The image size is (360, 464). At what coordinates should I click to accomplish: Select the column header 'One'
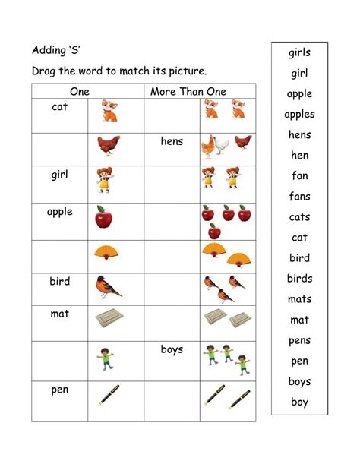pos(80,91)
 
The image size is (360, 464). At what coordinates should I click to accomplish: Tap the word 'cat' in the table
pos(60,107)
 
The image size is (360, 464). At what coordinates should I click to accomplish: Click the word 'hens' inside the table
pos(172,141)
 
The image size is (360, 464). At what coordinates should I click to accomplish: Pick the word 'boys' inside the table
pos(172,350)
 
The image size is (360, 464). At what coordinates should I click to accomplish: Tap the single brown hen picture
pos(108,146)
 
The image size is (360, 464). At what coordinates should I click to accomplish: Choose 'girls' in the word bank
pos(299,53)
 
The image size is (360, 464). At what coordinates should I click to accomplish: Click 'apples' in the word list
pos(299,115)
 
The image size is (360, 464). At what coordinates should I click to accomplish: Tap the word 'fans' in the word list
pos(299,197)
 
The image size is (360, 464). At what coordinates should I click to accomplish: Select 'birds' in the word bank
pos(299,279)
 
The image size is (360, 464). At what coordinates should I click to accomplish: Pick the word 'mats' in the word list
pos(299,299)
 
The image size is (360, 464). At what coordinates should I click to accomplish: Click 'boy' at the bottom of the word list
pos(299,402)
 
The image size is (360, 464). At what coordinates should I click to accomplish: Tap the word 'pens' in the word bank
pos(299,340)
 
